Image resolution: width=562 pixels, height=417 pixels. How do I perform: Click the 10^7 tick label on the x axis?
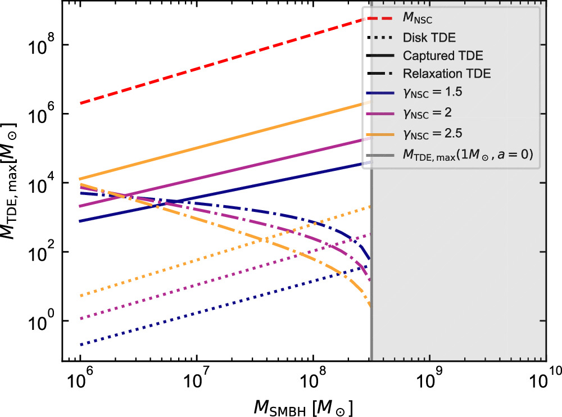197,383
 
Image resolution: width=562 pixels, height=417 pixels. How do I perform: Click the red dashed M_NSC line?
225,60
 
